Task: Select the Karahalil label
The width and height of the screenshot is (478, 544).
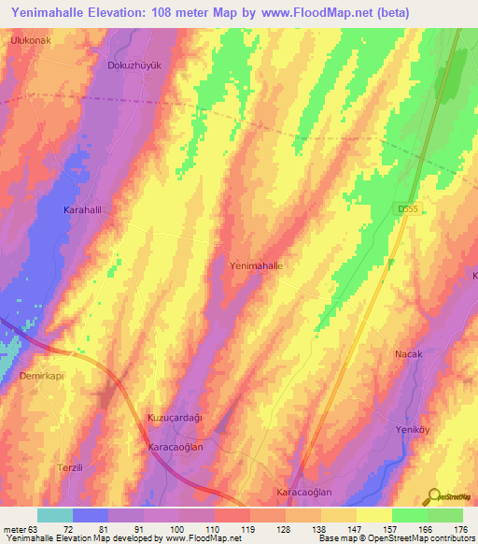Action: [x=82, y=210]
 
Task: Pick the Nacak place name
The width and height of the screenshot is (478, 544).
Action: [x=409, y=354]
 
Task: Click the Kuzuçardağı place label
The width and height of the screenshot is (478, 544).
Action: [x=176, y=417]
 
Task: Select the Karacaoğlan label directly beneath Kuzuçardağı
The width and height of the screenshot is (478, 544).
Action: [x=176, y=448]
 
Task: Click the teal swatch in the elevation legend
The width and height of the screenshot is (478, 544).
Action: [x=55, y=515]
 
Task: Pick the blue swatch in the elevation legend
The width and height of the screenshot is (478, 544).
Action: [x=91, y=515]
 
